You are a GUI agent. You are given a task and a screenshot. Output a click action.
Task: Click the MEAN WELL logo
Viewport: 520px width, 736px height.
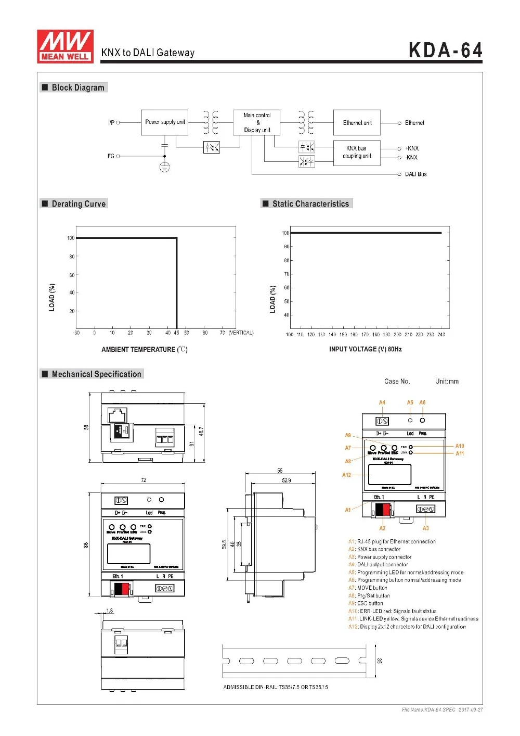[x=65, y=46]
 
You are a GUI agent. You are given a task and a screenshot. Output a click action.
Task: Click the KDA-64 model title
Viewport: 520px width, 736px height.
[x=445, y=50]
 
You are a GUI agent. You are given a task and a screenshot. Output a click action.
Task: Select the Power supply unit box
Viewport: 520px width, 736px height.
[x=164, y=122]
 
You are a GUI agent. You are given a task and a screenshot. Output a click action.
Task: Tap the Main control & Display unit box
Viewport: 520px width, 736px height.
[x=257, y=122]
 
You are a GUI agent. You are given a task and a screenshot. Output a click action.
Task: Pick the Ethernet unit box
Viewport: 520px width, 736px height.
[x=357, y=123]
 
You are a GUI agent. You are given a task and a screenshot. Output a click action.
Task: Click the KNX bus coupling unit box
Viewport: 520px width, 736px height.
[x=357, y=152]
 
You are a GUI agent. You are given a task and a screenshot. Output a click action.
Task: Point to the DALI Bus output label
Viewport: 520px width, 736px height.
[x=415, y=174]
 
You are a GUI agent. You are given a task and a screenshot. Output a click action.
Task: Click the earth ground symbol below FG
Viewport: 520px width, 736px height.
[x=164, y=167]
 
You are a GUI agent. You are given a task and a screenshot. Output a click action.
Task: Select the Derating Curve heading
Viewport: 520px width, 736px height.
[x=78, y=204]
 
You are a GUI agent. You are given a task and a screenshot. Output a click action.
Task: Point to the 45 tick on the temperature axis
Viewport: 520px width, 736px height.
[x=177, y=333]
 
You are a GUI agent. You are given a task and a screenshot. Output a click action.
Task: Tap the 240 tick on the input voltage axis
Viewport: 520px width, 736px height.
[x=441, y=335]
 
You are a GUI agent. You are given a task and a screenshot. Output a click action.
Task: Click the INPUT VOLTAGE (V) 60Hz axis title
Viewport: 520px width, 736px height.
[x=365, y=349]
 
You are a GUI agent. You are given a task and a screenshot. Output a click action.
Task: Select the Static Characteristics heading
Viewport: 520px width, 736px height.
[x=310, y=204]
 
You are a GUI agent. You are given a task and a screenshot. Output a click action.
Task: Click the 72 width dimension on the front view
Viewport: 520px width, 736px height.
[x=144, y=480]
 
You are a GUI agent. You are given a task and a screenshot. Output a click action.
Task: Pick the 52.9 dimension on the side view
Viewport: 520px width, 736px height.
[x=286, y=480]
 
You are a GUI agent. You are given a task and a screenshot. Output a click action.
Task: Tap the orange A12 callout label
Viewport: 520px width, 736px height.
[x=346, y=475]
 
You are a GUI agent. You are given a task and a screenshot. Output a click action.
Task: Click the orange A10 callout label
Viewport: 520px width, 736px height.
[x=460, y=446]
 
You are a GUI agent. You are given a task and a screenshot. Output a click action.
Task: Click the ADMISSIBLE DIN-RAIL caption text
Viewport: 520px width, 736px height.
[x=276, y=687]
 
